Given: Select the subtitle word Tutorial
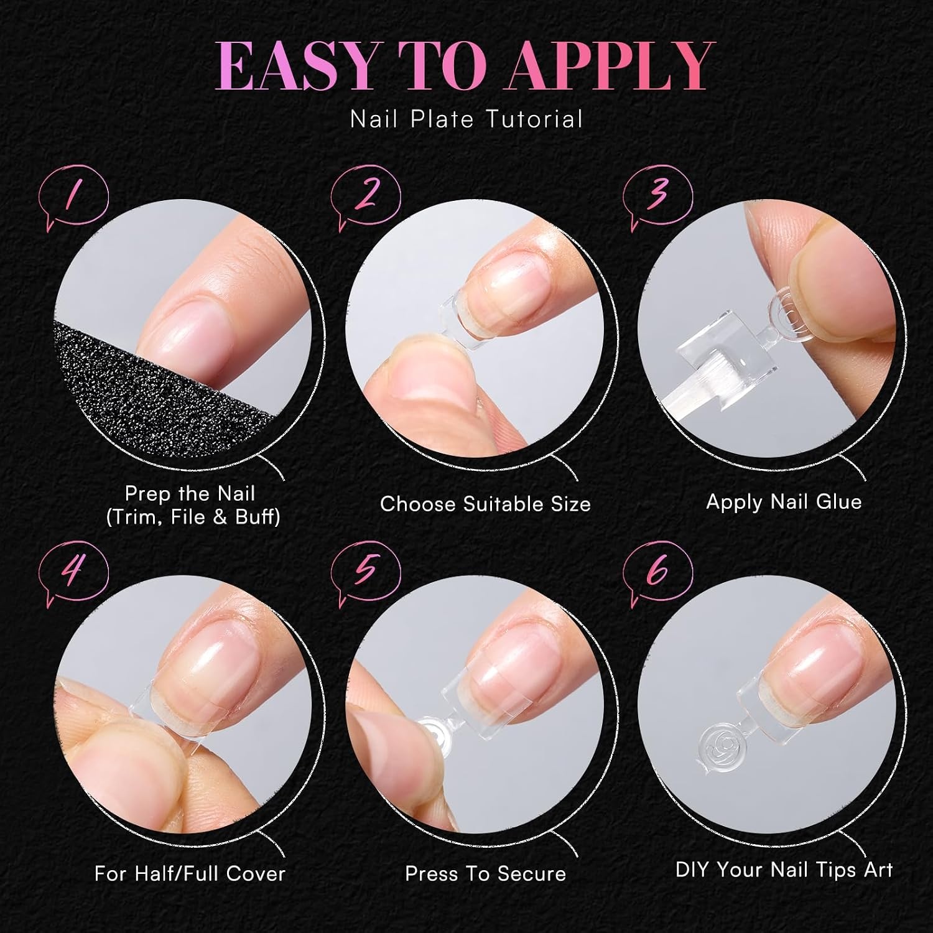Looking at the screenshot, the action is (534, 119).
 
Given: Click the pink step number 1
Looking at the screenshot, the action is (73, 195).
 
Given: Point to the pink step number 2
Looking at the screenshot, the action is (367, 195).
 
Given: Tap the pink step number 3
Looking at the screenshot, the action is (658, 193).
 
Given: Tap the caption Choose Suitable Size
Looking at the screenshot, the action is (485, 504).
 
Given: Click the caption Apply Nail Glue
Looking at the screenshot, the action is (784, 502).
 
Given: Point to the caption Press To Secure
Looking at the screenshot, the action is (485, 874).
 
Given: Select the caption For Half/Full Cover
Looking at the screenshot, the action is (190, 873).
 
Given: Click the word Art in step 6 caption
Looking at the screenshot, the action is (878, 869).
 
